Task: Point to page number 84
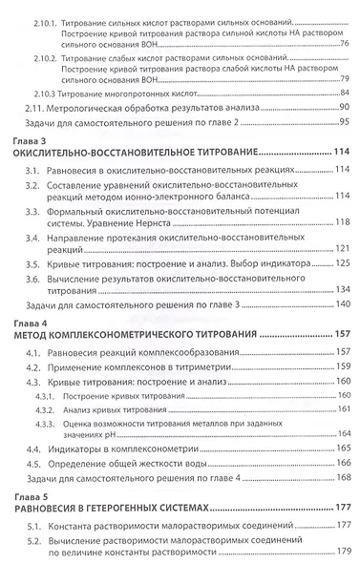click(344, 92)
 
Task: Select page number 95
click(344, 122)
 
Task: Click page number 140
click(341, 303)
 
